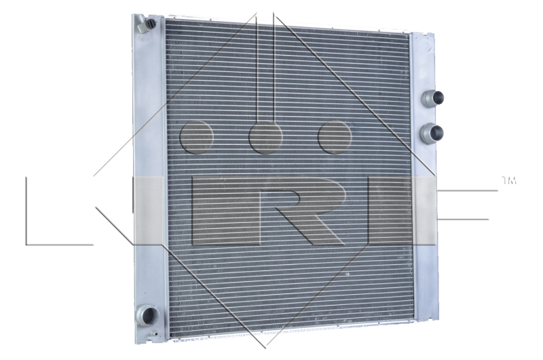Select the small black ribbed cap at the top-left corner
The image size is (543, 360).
click(x=151, y=24)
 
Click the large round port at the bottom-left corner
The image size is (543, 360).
click(x=147, y=315)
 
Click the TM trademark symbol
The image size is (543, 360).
click(x=508, y=181)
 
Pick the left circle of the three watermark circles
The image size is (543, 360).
click(x=197, y=137)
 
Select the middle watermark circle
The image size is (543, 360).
click(x=265, y=137)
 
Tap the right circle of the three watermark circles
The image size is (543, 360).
click(x=335, y=137)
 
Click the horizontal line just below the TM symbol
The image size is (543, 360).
click(x=468, y=191)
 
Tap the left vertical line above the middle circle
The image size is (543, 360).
click(x=257, y=68)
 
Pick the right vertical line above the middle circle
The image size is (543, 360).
click(x=274, y=68)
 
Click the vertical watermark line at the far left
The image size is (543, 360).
click(x=26, y=211)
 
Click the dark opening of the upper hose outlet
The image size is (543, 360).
click(x=438, y=98)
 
